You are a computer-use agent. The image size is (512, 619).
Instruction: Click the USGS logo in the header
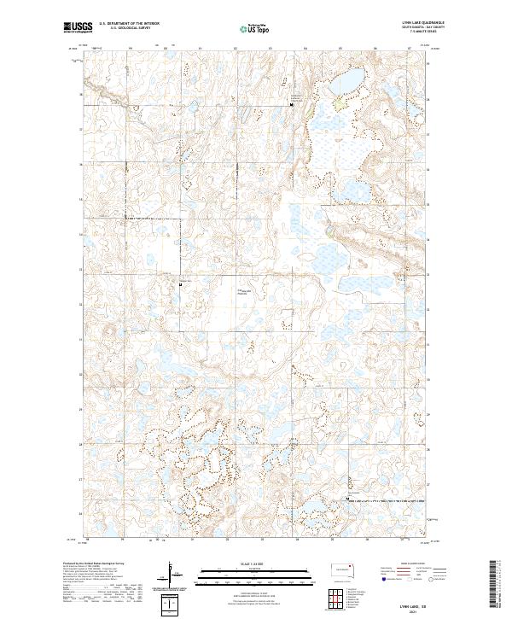(x=80, y=27)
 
